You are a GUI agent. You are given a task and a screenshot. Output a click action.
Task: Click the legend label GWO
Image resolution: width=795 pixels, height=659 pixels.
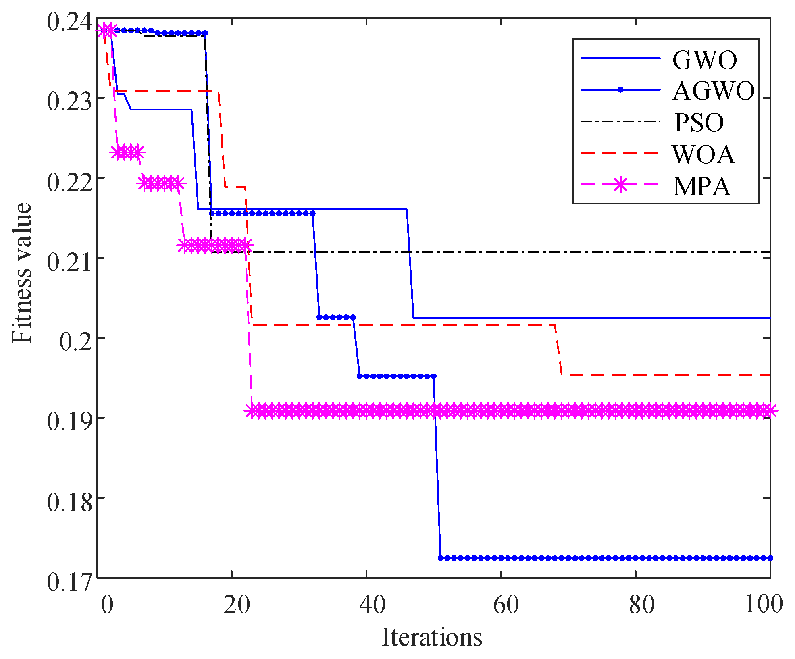pos(705,60)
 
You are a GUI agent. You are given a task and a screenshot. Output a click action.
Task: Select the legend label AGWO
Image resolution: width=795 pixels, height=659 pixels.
pos(714,91)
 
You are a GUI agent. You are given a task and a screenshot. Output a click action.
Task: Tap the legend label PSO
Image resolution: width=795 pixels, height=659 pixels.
pos(699,123)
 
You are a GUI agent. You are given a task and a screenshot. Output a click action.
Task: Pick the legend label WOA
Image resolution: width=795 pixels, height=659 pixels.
pos(703,154)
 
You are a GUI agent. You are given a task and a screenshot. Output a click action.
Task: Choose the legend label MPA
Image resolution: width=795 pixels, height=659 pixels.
pos(702,186)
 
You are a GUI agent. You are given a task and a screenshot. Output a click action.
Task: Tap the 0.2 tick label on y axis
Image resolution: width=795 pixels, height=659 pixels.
pos(76,341)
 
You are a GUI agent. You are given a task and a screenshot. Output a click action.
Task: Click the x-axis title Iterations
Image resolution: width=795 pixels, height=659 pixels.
pos(432,638)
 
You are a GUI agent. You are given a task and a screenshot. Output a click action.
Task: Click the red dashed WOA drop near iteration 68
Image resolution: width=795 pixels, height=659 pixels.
pos(558,350)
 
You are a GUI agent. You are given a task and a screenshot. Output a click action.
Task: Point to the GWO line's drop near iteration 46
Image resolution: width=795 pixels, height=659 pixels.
pos(410,264)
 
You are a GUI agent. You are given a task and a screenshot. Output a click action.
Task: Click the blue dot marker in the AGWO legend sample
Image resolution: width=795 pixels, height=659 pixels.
pos(620,89)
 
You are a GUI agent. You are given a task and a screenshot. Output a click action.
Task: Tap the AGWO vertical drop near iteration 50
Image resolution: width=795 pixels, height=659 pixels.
pos(437,468)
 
